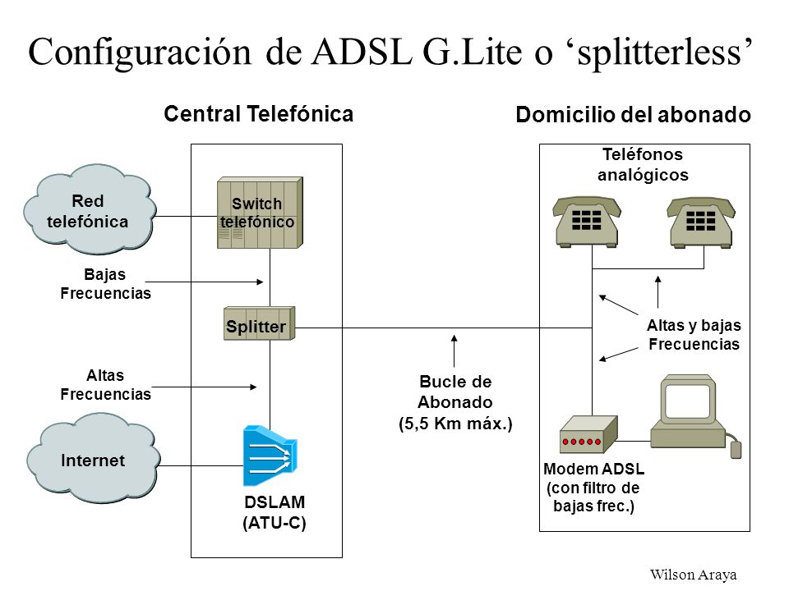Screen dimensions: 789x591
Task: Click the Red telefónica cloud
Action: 89,209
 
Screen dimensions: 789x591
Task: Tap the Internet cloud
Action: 93,458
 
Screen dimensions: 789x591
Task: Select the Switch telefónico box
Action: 260,213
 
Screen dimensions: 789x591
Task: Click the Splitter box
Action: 259,323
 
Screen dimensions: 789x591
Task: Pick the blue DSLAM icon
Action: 270,456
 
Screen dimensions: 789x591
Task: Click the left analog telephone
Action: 587,222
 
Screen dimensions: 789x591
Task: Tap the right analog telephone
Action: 701,222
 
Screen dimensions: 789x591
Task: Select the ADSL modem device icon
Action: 588,435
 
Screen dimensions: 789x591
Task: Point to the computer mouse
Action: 736,450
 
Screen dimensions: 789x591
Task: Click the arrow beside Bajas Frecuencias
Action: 205,282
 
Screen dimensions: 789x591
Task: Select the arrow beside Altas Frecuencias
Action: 205,387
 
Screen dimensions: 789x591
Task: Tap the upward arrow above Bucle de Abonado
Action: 454,350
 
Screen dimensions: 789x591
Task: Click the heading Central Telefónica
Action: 259,114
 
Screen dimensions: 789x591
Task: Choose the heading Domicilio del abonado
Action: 633,115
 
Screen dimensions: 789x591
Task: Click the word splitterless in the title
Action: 660,53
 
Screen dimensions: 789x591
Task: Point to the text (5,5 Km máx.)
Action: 455,424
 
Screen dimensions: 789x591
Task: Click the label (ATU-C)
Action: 275,523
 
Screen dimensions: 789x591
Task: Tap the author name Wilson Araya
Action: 693,575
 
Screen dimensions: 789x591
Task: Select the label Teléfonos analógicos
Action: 643,165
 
